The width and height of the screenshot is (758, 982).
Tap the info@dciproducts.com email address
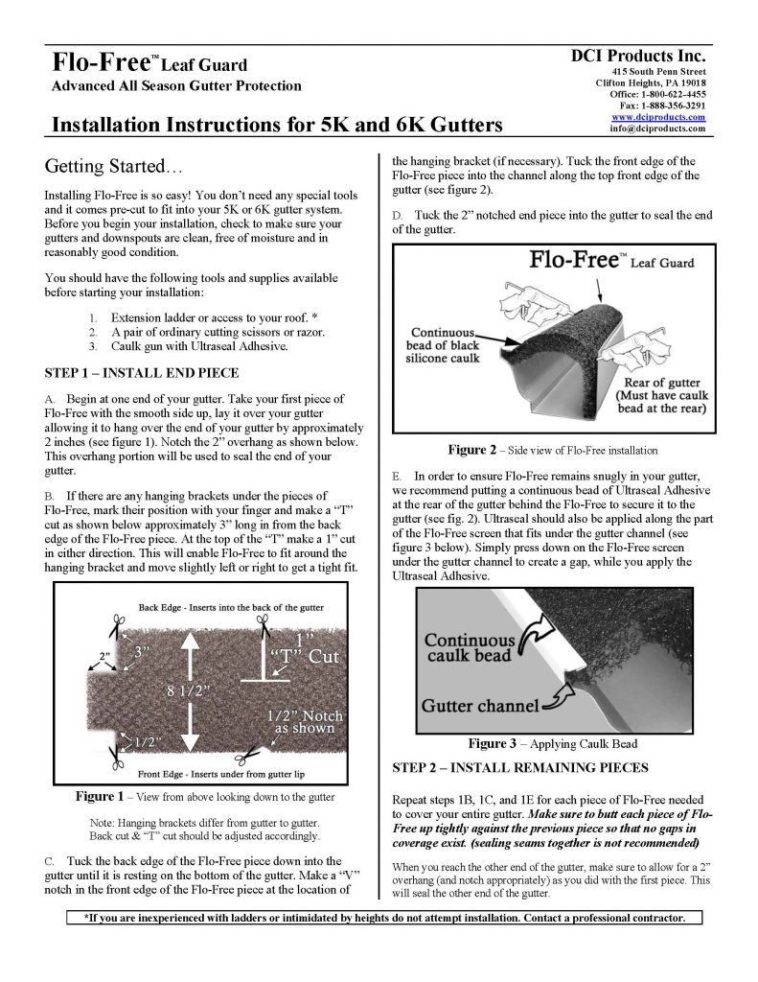pyautogui.click(x=657, y=129)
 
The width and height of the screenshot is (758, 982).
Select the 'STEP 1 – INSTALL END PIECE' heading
pyautogui.click(x=142, y=373)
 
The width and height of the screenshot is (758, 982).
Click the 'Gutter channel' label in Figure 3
pyautogui.click(x=480, y=707)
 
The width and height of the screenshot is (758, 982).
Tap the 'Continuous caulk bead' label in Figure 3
pyautogui.click(x=469, y=648)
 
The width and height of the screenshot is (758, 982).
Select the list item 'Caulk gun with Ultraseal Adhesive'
pyautogui.click(x=199, y=346)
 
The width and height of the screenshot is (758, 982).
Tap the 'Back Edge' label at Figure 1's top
pyautogui.click(x=163, y=607)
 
